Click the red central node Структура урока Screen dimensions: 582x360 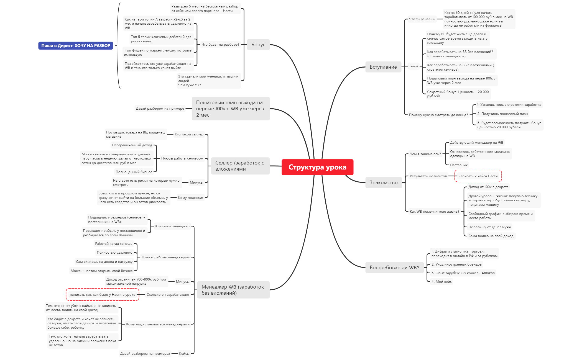coord(317,167)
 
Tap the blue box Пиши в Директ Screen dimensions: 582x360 coord(76,46)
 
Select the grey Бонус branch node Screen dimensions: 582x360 coord(258,45)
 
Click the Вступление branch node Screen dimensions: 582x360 coord(383,67)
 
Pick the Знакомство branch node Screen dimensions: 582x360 coord(384,182)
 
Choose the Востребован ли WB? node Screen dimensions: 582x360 coord(394,268)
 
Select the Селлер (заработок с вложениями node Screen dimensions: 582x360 coord(240,166)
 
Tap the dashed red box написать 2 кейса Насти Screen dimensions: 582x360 coord(478,176)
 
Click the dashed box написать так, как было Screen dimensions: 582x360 coord(103,295)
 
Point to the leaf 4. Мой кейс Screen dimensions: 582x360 coord(441,282)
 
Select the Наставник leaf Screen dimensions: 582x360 coord(459,165)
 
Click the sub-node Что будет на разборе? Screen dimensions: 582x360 coord(220,45)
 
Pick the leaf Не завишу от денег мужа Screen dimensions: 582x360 coord(489,227)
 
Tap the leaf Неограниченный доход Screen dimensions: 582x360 coord(132,145)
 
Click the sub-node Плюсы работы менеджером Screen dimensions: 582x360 coord(166,257)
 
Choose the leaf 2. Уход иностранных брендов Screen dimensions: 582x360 coord(456,264)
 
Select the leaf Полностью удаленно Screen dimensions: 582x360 coord(114,253)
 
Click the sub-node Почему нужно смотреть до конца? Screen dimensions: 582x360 coord(438,115)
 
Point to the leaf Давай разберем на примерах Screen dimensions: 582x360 coord(145,354)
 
